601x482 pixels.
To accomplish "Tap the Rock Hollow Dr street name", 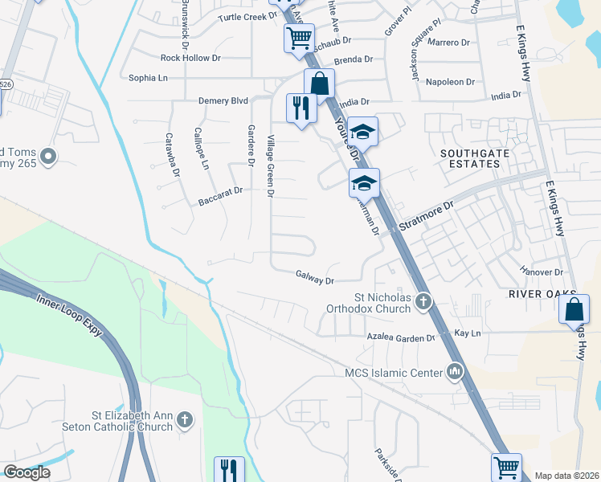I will pos(190,58).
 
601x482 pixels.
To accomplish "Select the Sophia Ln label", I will pos(149,78).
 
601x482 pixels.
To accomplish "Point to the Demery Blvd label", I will pos(223,101).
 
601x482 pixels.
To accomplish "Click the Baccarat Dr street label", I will pos(220,197).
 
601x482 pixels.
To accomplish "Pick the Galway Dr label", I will pos(315,277).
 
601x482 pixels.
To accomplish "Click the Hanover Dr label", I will pos(542,272).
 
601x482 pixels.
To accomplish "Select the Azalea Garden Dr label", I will pos(401,338).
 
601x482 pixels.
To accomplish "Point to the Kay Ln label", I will pos(467,333).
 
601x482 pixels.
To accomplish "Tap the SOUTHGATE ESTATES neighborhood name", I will pos(470,157).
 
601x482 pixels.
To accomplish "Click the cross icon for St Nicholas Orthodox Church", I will pos(423,301).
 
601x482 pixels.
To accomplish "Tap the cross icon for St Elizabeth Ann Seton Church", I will pos(184,419).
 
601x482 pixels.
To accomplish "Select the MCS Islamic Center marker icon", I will pos(456,372).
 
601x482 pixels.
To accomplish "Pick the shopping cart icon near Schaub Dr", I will pos(300,36).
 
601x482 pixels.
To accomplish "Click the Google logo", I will pos(27,472).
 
